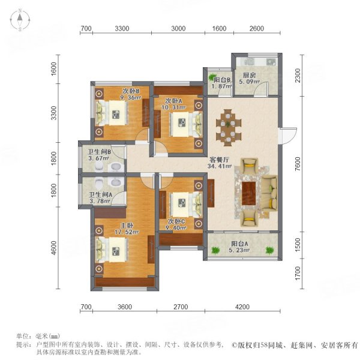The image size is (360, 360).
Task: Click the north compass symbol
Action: [20, 20]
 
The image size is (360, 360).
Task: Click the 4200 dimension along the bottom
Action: [242, 307]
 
